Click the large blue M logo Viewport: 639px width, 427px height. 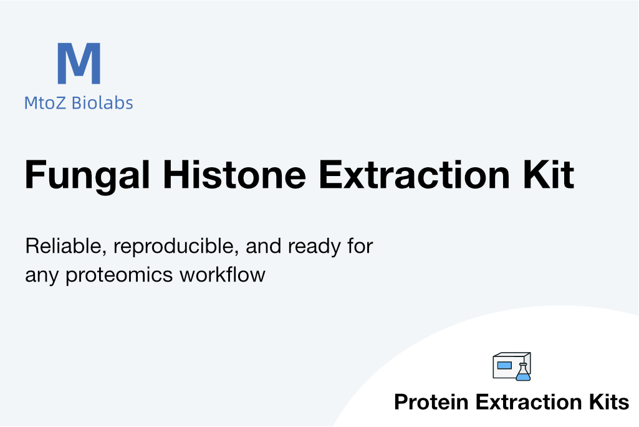click(x=79, y=63)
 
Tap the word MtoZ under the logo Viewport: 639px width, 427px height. click(x=45, y=103)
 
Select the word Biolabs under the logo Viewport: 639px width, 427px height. click(x=102, y=103)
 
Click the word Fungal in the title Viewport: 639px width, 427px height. click(x=87, y=175)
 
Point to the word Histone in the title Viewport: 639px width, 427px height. click(x=234, y=175)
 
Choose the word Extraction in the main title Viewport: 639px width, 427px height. click(x=414, y=175)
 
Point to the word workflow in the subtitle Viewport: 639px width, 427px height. click(x=223, y=274)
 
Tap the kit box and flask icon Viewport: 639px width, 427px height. click(x=512, y=366)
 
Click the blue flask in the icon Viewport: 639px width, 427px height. click(x=523, y=372)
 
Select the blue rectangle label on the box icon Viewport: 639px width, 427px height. click(x=504, y=365)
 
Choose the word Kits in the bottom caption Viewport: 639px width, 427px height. click(x=609, y=402)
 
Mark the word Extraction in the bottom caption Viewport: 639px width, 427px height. click(x=529, y=402)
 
